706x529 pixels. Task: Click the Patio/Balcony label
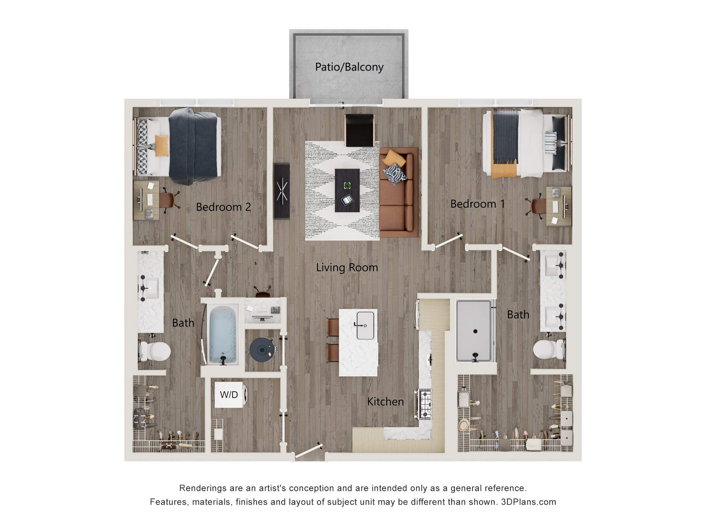tap(349, 67)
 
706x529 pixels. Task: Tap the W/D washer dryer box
tap(229, 395)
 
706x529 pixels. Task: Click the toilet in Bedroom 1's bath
tap(547, 349)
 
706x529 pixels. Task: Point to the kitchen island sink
tap(365, 325)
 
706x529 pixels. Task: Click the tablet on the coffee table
tap(347, 200)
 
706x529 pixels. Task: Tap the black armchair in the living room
tap(359, 130)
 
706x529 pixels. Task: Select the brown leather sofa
tap(399, 193)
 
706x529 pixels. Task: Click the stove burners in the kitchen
tap(425, 404)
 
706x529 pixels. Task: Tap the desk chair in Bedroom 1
tap(538, 206)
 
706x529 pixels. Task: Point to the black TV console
tap(282, 191)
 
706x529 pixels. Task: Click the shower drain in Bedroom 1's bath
tap(475, 331)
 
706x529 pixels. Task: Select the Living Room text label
tap(347, 267)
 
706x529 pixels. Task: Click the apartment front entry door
tap(309, 451)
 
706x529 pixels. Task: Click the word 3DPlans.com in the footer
tap(528, 502)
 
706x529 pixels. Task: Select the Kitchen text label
tap(385, 402)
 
